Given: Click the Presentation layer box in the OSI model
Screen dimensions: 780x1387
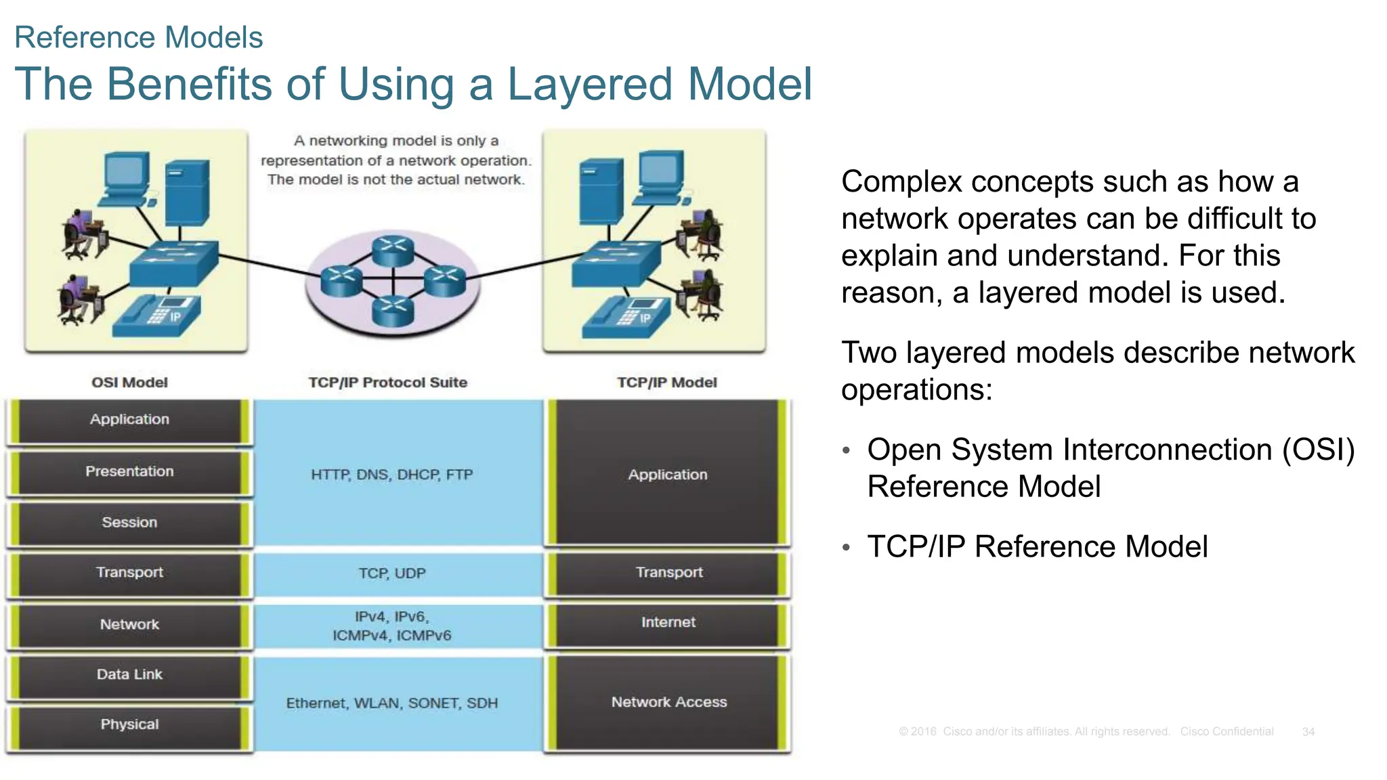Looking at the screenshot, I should click(x=129, y=472).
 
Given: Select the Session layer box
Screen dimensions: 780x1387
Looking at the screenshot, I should click(x=129, y=523).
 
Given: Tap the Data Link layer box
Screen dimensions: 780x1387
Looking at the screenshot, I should click(x=129, y=675).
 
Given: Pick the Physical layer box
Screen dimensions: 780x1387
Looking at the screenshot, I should click(x=129, y=725).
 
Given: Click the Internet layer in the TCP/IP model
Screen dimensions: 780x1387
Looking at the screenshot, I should click(x=668, y=623).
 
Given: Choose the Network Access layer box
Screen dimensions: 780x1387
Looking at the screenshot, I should click(x=668, y=703).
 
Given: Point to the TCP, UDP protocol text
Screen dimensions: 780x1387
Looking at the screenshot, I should click(x=391, y=573).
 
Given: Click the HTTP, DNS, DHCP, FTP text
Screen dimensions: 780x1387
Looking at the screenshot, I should click(x=391, y=475).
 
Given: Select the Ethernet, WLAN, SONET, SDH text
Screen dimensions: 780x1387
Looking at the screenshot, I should click(x=391, y=703).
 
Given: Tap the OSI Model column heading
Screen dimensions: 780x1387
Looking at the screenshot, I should click(x=129, y=383).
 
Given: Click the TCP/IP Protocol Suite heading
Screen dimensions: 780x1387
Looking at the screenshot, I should click(x=387, y=383).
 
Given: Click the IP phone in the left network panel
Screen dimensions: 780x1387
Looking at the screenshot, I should click(x=156, y=316).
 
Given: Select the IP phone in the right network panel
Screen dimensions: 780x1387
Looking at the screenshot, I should click(x=626, y=317).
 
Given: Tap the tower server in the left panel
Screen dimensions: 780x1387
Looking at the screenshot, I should click(x=187, y=192).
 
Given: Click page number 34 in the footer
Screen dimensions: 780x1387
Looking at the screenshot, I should click(x=1308, y=732).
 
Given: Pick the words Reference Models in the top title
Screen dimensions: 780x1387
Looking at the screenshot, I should click(x=138, y=37).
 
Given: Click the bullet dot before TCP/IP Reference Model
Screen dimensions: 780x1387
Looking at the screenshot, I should click(x=846, y=547).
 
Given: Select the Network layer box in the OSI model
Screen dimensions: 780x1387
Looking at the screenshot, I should click(x=129, y=625).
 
